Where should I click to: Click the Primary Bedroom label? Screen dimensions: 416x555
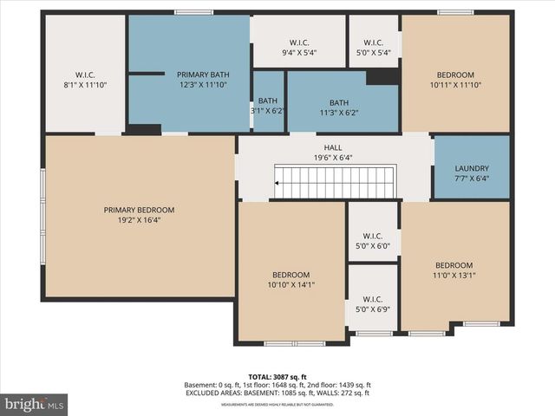coord(139,210)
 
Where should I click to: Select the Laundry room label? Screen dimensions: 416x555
coord(472,168)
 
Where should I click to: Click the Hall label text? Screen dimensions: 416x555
coord(333,147)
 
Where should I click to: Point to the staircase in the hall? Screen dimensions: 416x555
coord(335,183)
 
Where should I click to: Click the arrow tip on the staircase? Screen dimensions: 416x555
coord(277,183)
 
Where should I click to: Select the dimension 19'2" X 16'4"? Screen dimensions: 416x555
coord(139,220)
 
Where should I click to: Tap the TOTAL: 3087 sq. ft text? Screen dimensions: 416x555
coord(277,377)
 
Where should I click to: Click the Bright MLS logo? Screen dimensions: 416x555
coord(35,404)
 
